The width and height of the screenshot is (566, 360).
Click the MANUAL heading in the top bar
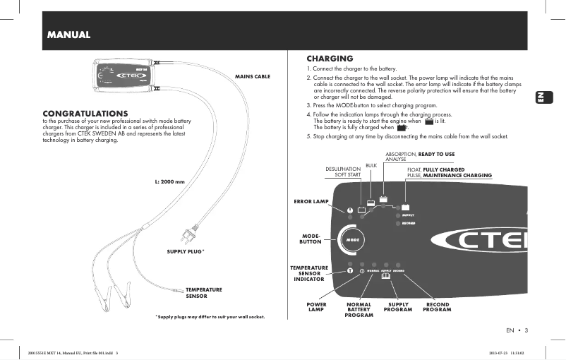(x=68, y=34)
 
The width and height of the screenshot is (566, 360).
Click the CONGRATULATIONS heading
(x=85, y=113)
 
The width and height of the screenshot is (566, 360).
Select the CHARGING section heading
(x=330, y=58)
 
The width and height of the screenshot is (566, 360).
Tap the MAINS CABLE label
(x=252, y=76)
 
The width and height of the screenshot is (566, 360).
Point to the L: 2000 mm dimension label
(x=169, y=182)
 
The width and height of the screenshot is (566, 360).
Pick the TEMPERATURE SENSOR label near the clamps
(x=204, y=292)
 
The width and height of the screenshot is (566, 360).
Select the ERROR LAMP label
(x=311, y=202)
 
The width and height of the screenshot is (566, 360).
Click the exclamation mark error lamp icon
(x=349, y=210)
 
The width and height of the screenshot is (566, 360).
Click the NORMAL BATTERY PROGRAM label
(x=359, y=309)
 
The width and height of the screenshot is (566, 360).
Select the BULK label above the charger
(x=371, y=165)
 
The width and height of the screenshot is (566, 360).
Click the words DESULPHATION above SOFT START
(x=342, y=169)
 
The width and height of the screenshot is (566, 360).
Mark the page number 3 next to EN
(x=526, y=330)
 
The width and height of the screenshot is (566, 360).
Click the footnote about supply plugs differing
(x=210, y=317)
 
